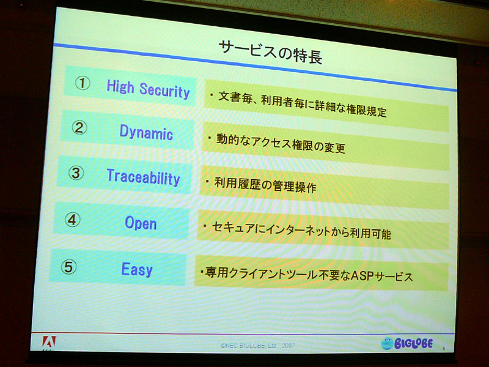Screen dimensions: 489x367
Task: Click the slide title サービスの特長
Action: [270, 53]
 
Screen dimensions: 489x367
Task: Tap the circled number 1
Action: [83, 83]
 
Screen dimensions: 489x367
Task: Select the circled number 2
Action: [79, 128]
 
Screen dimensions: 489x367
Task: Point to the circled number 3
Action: [76, 173]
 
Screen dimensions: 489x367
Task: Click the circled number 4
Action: [72, 220]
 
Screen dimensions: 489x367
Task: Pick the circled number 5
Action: [68, 267]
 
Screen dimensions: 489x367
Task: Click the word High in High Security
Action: [120, 86]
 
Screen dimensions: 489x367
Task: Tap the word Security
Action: [164, 91]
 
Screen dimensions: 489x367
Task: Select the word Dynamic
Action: [146, 133]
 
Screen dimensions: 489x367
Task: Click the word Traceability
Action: [144, 177]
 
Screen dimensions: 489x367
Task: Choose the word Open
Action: [141, 223]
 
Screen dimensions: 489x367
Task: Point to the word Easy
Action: [137, 269]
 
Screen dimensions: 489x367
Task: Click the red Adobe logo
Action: [49, 342]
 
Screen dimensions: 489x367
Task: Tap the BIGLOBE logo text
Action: [414, 344]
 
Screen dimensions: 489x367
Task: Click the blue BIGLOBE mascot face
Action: [387, 343]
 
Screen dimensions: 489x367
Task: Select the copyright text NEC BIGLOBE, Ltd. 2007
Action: [257, 346]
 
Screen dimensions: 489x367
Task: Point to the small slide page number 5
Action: [444, 349]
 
